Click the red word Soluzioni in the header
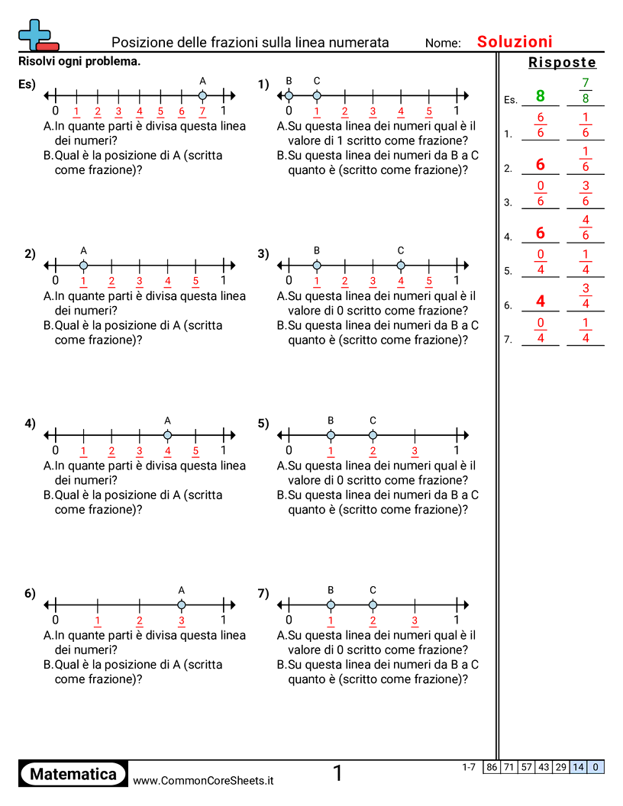[515, 42]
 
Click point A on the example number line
[202, 95]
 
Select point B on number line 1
[289, 95]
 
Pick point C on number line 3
[401, 266]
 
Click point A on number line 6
[182, 604]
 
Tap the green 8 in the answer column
[541, 96]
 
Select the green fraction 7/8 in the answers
[586, 90]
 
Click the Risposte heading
[562, 63]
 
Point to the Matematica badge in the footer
[73, 774]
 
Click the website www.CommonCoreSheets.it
[203, 780]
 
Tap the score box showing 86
[491, 766]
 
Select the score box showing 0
[596, 766]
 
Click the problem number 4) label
[30, 424]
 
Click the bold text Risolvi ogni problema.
[79, 61]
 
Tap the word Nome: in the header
[443, 44]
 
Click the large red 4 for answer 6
[541, 301]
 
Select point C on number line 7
[373, 604]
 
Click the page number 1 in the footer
[337, 773]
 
